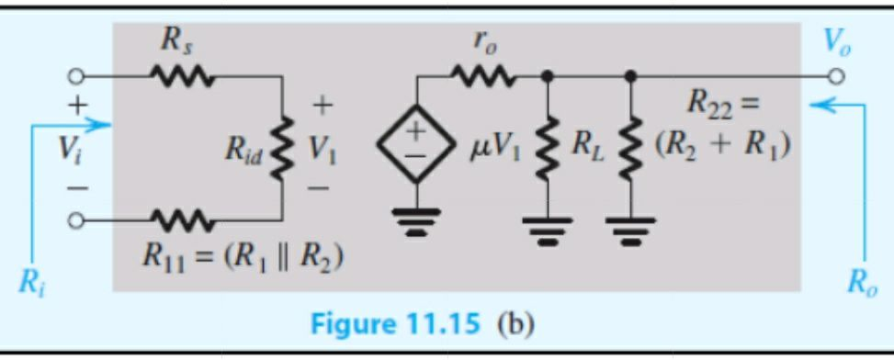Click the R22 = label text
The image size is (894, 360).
click(x=722, y=103)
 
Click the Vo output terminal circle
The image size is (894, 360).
click(x=837, y=77)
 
